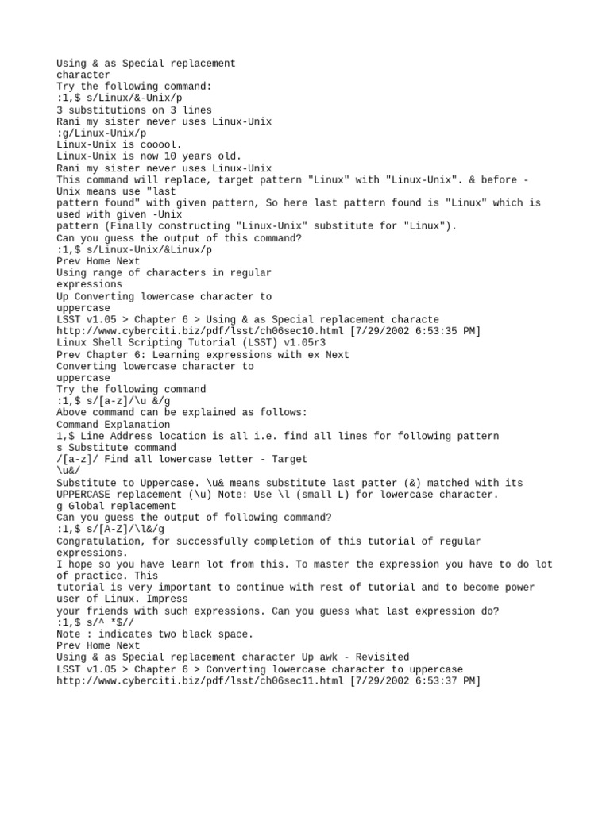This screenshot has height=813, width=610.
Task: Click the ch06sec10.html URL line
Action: pyautogui.click(x=268, y=331)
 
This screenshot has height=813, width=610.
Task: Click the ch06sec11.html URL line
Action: pyautogui.click(x=268, y=680)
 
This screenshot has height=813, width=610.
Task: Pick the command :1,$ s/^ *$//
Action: pyautogui.click(x=95, y=622)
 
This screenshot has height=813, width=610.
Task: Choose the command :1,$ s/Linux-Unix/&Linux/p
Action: pyautogui.click(x=134, y=249)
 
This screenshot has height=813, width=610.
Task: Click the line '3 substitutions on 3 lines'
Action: pyautogui.click(x=134, y=110)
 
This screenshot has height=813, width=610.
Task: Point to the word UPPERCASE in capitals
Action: pyautogui.click(x=86, y=495)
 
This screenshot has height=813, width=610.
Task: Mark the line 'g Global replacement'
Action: pyautogui.click(x=116, y=506)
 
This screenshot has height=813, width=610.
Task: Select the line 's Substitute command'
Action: pyautogui.click(x=116, y=448)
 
